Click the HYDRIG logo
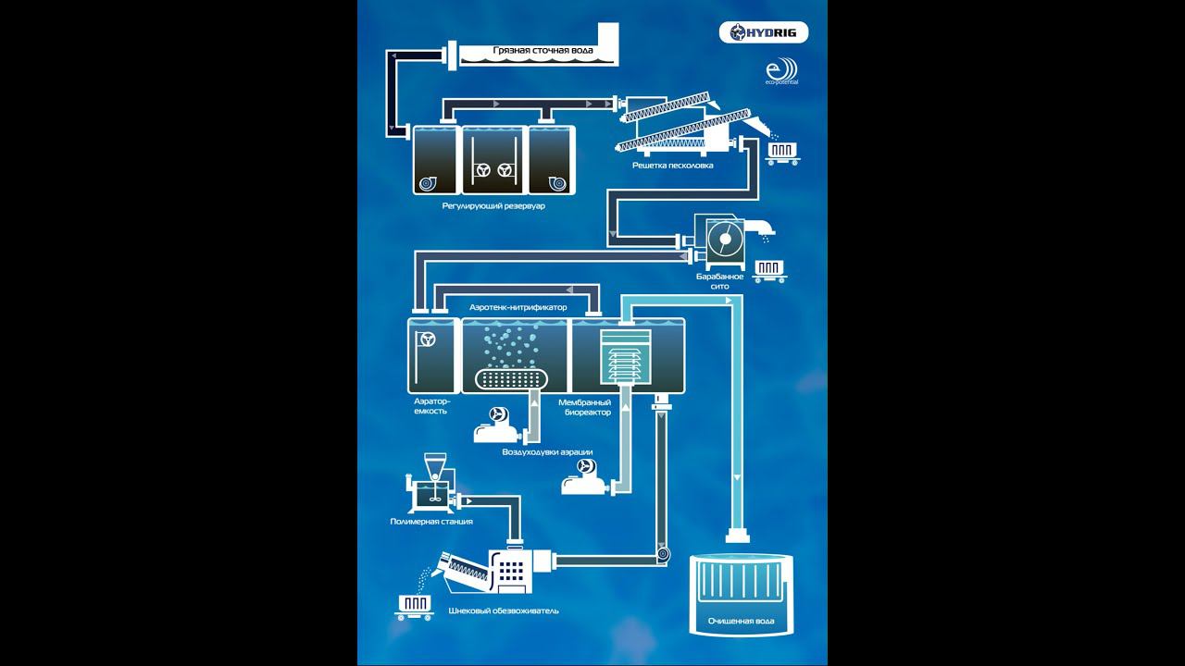pos(764,33)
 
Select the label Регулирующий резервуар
pos(493,205)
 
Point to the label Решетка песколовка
pos(672,166)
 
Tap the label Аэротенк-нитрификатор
pos(518,306)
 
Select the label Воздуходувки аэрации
pos(547,452)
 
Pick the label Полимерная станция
pos(431,522)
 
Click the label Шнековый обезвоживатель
pos(503,610)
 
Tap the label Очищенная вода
pos(741,621)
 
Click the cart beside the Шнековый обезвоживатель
pos(414,606)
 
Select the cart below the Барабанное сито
pos(769,270)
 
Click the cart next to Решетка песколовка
pos(782,154)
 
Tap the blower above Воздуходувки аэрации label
pos(497,425)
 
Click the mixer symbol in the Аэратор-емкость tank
pos(428,339)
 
